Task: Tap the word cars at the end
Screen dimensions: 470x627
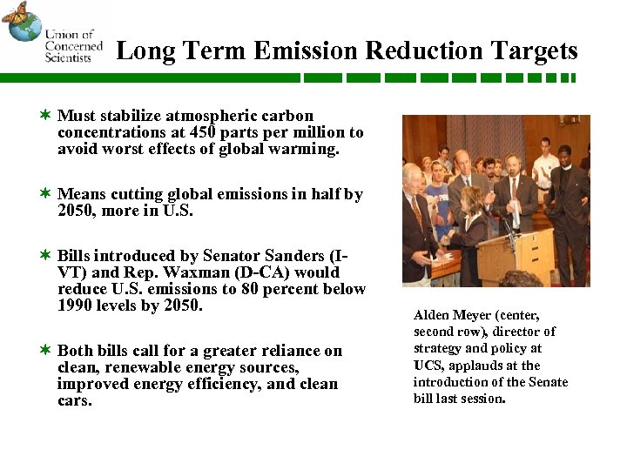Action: [74, 401]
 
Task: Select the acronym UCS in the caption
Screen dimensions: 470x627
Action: [427, 366]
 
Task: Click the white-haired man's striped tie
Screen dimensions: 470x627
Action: [419, 214]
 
